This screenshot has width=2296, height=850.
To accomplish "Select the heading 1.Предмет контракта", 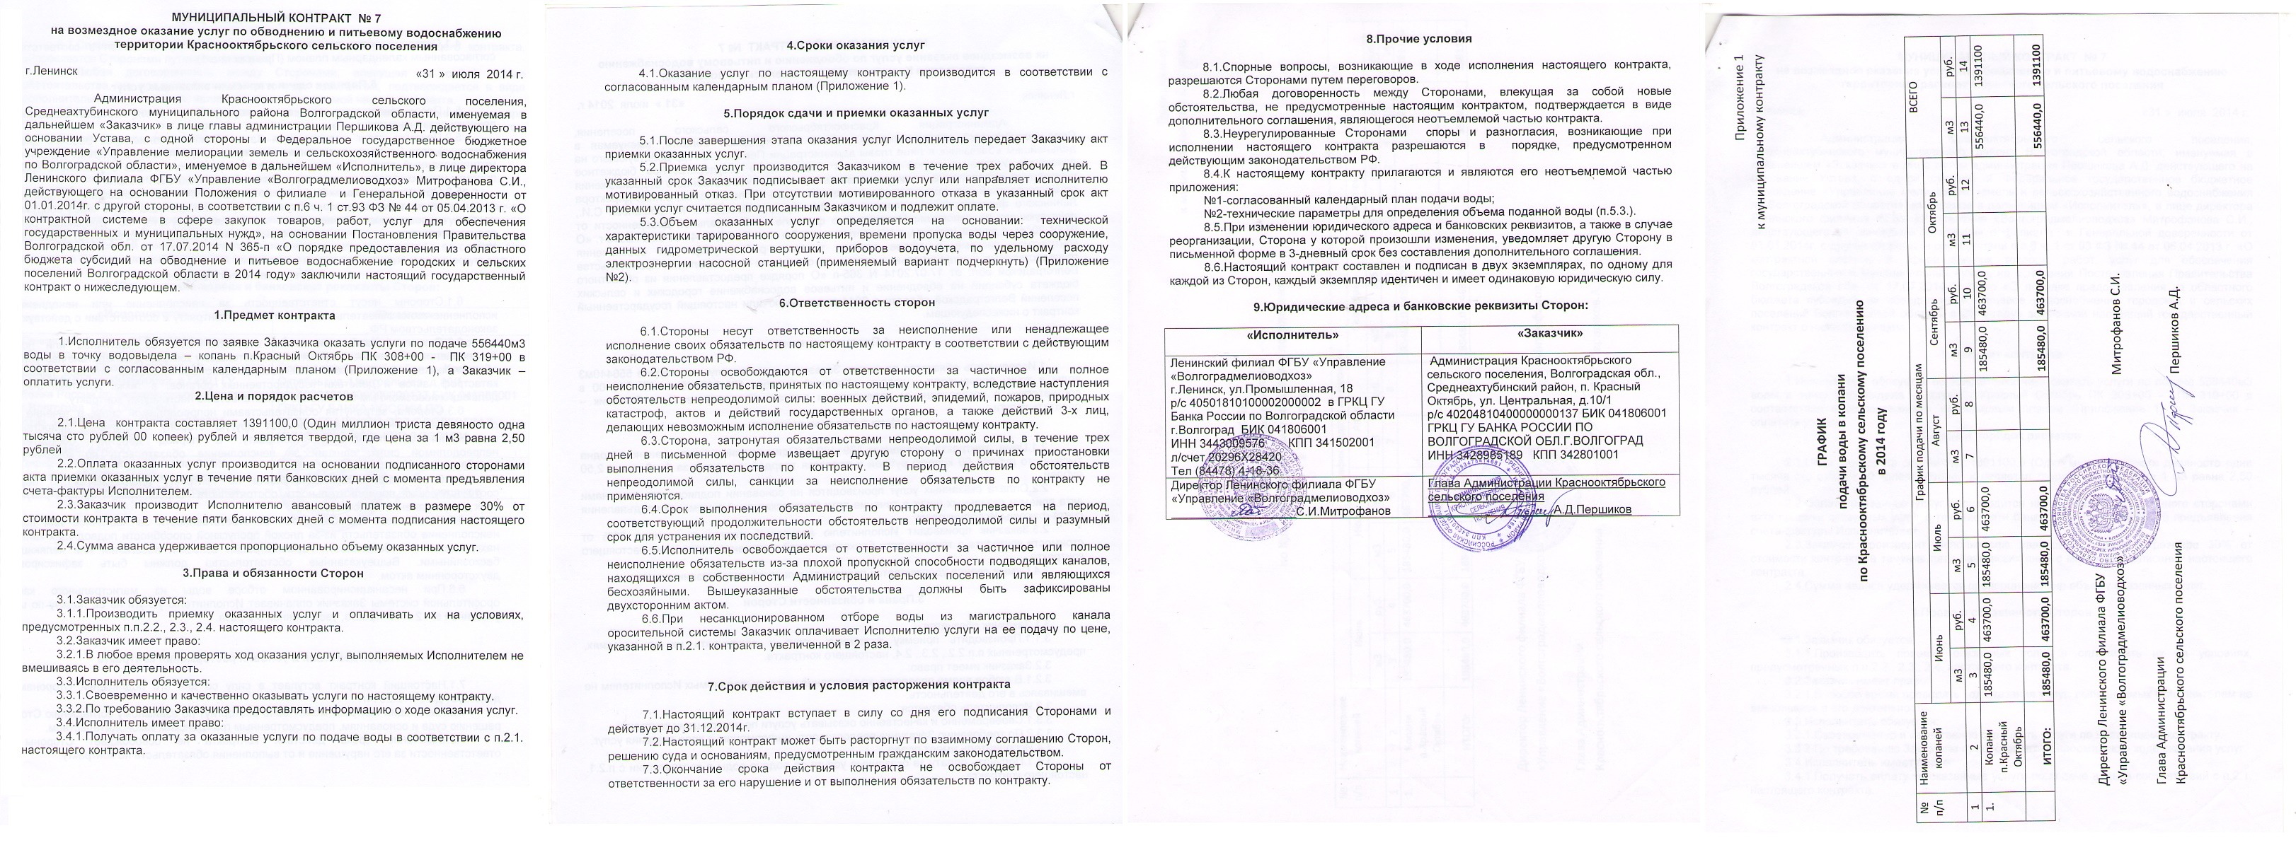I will [275, 315].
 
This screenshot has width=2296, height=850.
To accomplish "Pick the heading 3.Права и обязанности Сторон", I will [272, 573].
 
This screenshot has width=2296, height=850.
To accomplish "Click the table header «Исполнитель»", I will [1292, 334].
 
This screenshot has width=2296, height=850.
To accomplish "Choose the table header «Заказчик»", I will [1549, 334].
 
